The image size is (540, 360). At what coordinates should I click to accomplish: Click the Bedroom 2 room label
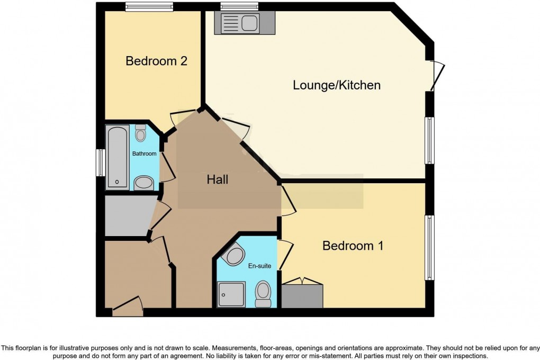click(156, 61)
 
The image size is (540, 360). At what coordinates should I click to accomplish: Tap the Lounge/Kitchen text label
click(337, 85)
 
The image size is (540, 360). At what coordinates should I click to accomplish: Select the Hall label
click(217, 180)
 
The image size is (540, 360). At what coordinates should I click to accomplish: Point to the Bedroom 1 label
click(353, 246)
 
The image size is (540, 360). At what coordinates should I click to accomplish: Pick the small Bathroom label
click(145, 154)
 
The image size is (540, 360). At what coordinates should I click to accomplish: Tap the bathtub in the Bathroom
click(117, 157)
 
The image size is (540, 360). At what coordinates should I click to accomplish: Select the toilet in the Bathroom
click(140, 133)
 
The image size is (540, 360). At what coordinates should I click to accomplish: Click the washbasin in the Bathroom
click(143, 183)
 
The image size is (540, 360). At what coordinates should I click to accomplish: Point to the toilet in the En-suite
click(263, 294)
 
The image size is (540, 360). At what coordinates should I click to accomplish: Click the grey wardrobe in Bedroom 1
click(302, 295)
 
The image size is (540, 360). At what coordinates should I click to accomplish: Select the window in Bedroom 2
click(149, 7)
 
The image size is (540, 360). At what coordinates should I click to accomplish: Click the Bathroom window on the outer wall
click(99, 163)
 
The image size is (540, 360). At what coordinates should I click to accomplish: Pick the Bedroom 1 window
click(430, 247)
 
